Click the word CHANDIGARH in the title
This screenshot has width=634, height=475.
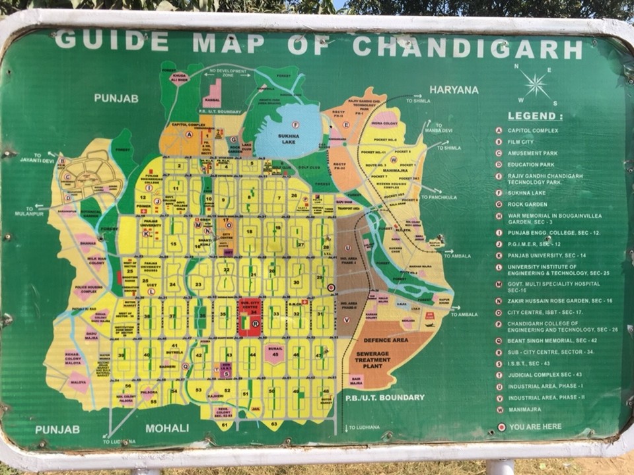pos(468,47)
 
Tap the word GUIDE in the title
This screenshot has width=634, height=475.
pos(111,40)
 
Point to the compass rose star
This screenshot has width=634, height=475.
pos(536,84)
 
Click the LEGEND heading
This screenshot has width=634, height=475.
pos(535,116)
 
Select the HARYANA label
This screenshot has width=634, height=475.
pos(454,90)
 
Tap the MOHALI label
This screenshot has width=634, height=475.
pos(167,428)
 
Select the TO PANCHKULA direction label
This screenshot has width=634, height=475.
pos(452,197)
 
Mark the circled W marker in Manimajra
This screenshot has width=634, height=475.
pos(394,159)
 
